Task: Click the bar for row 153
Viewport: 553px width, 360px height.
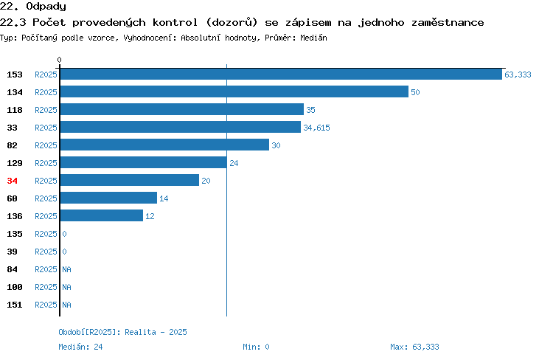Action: tap(281, 74)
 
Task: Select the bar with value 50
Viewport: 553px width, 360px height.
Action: tap(234, 91)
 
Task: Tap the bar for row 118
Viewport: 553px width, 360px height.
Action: tap(182, 109)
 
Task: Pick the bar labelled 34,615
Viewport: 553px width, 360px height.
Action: tap(181, 127)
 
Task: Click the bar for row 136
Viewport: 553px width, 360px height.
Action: tap(102, 215)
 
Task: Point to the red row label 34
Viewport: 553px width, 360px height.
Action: tap(12, 181)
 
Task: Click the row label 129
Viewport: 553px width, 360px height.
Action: tap(15, 163)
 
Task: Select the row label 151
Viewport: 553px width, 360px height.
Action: tap(15, 305)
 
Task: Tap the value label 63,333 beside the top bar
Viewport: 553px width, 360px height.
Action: tap(518, 75)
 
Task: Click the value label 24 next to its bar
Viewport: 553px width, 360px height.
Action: tap(234, 163)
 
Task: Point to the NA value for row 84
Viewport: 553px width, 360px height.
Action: tap(66, 269)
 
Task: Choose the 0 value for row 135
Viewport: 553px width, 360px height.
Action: tap(64, 234)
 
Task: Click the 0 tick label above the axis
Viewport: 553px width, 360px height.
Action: tap(59, 60)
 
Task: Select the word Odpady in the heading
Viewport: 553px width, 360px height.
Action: tap(46, 7)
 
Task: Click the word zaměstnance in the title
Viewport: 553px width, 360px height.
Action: tap(448, 23)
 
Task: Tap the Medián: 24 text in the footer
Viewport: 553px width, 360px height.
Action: tap(80, 347)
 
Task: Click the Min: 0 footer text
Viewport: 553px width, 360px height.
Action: tap(256, 347)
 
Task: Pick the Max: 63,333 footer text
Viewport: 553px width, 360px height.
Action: tap(414, 347)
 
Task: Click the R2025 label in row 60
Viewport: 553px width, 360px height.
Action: tap(46, 198)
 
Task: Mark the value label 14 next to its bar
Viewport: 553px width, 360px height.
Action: tap(164, 198)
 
